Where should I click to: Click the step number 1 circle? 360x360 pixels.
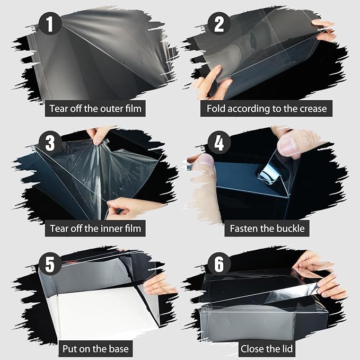click(x=50, y=23)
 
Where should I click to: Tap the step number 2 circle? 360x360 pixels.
click(x=219, y=23)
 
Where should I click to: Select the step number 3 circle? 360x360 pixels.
click(x=50, y=142)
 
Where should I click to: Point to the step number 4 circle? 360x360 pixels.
click(x=219, y=142)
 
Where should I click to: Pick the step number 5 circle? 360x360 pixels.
click(x=50, y=264)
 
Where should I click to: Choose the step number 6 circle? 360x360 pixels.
click(x=219, y=264)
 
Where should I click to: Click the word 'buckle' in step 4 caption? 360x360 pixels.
click(x=291, y=229)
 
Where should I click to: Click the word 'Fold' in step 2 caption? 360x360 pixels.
click(x=216, y=109)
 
